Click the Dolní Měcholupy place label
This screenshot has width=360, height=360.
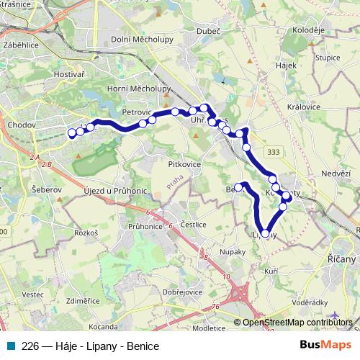142,39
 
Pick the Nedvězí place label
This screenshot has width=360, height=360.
336,174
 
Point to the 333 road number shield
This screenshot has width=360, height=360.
273,152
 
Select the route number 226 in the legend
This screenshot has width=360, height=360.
30,346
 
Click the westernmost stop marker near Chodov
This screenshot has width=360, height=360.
71,132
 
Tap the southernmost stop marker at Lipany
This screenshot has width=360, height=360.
265,233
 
